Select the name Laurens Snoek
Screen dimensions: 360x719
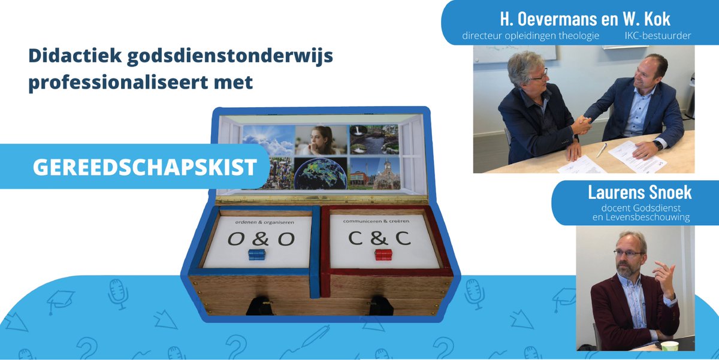click(640, 193)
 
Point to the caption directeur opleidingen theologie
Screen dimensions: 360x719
click(531, 36)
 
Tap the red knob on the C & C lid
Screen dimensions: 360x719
click(383, 255)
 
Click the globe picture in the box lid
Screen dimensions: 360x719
click(320, 174)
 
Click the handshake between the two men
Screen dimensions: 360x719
click(581, 124)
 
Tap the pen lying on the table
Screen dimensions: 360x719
click(602, 149)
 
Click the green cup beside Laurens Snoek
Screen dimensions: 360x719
click(669, 346)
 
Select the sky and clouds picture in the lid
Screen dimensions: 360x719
click(268, 140)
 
